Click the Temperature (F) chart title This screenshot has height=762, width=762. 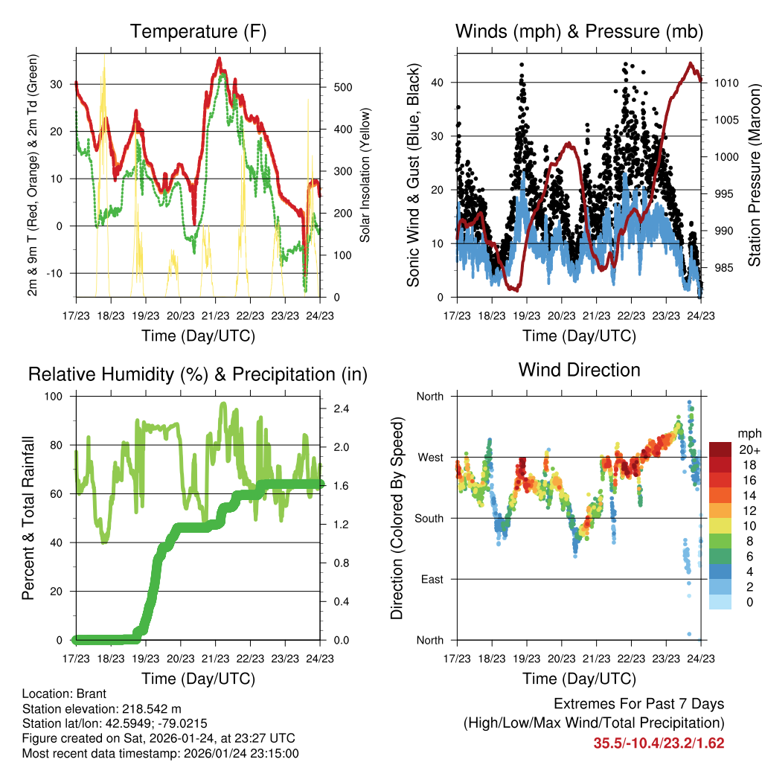(198, 31)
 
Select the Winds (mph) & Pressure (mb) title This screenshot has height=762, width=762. (579, 31)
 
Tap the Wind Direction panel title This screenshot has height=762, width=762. (579, 370)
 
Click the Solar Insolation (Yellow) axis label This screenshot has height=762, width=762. (365, 176)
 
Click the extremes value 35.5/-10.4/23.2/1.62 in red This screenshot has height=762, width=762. (659, 743)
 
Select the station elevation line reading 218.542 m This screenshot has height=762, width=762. (102, 708)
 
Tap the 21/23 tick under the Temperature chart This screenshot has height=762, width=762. (215, 316)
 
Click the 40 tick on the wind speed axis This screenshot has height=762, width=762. (439, 83)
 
